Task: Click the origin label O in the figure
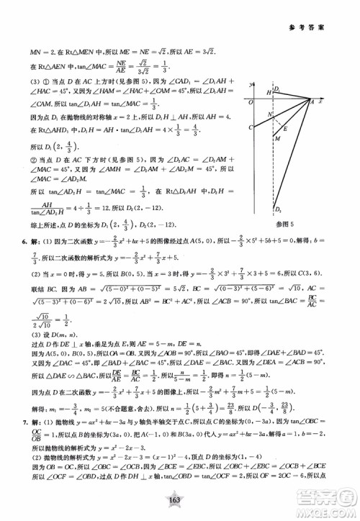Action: click(x=249, y=101)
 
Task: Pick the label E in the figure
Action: click(x=287, y=128)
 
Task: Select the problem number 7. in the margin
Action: click(x=27, y=430)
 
